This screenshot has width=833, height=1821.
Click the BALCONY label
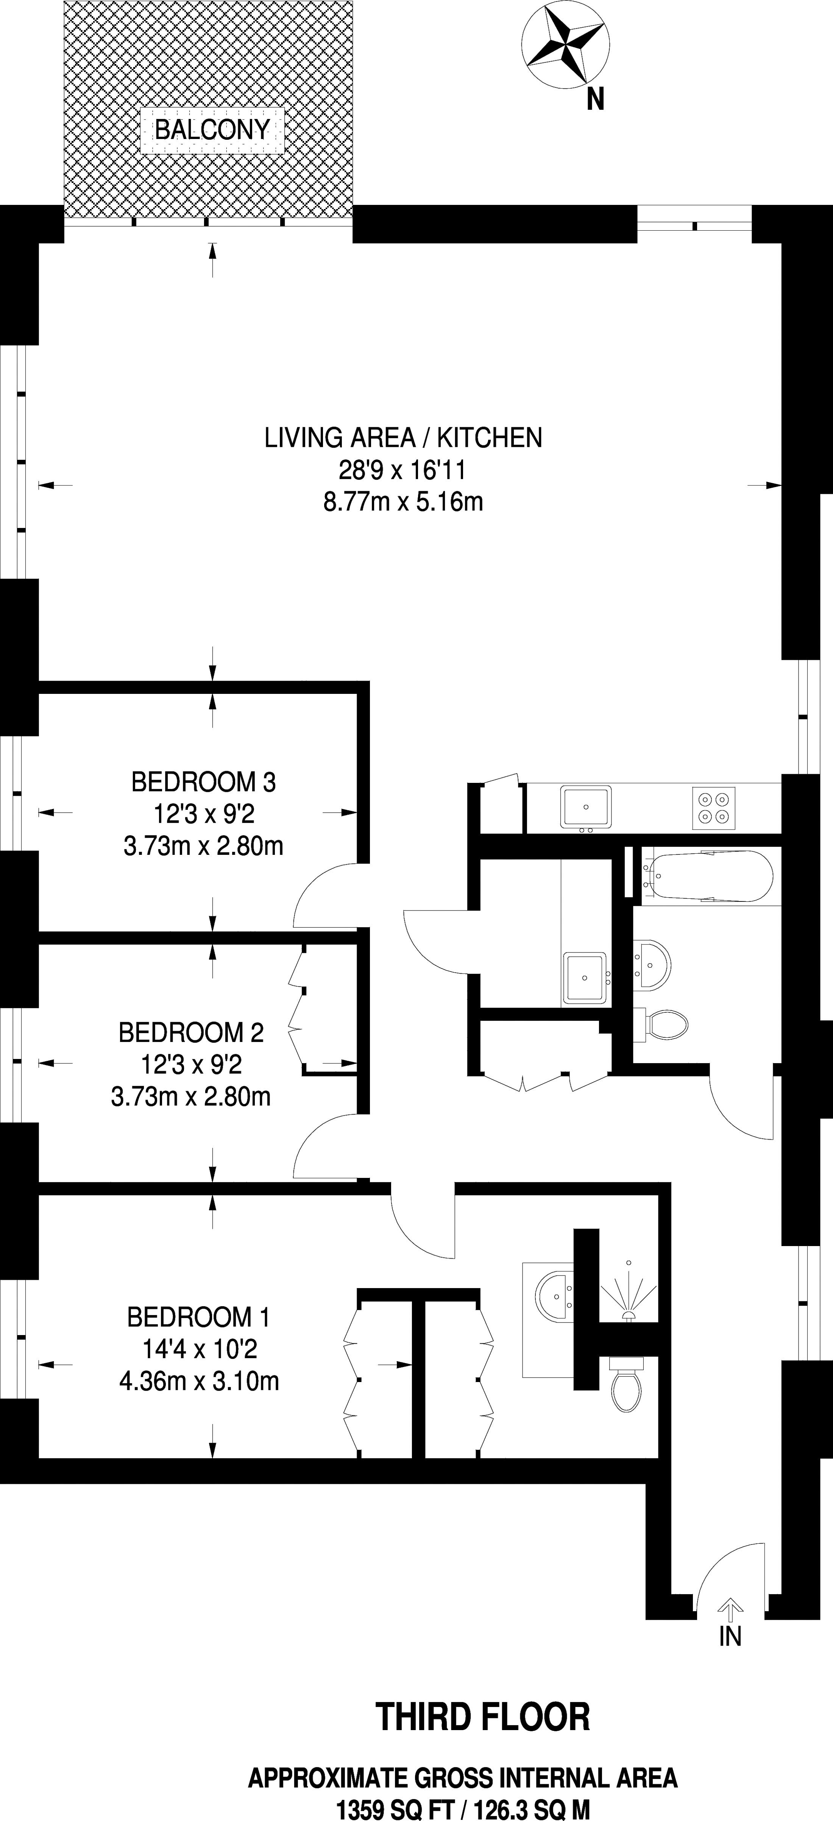212,130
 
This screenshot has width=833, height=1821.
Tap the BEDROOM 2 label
191,1033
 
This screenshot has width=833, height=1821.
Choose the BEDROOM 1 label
198,1317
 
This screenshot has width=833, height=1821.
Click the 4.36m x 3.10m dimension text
199,1381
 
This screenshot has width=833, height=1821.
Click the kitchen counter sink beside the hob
586,807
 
